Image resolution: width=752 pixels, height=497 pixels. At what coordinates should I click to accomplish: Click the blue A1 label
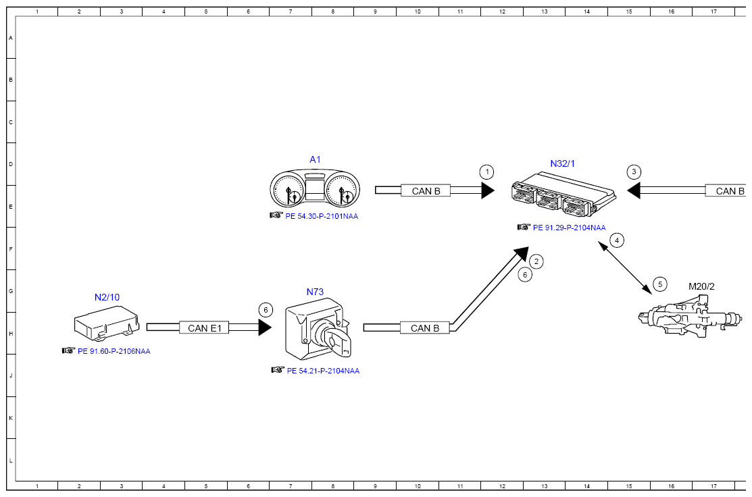315,159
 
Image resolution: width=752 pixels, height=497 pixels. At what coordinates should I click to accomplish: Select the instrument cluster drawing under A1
315,190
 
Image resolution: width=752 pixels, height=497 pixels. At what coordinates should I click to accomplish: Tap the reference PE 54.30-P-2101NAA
321,216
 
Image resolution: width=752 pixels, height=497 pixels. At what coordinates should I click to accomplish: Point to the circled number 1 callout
487,172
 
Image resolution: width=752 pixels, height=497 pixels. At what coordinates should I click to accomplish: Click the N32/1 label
562,164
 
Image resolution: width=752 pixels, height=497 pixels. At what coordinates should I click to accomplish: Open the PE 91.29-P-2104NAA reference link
569,228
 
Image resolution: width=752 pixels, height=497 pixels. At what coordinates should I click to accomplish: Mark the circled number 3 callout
634,172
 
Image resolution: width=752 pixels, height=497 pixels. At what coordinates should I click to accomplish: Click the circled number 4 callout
616,240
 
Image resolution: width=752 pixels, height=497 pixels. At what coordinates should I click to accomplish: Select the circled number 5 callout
660,284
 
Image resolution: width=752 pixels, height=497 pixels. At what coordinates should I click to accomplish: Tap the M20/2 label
701,286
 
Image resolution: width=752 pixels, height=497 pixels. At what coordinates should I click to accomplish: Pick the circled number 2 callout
536,261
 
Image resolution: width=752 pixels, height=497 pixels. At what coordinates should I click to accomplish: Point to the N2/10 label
107,296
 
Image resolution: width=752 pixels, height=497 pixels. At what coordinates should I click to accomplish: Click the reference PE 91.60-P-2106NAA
114,351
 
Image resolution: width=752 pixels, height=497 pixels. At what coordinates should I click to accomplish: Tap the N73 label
315,292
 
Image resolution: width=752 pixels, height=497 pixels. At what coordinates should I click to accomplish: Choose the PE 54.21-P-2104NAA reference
323,371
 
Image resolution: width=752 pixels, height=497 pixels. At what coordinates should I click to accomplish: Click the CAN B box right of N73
425,328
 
